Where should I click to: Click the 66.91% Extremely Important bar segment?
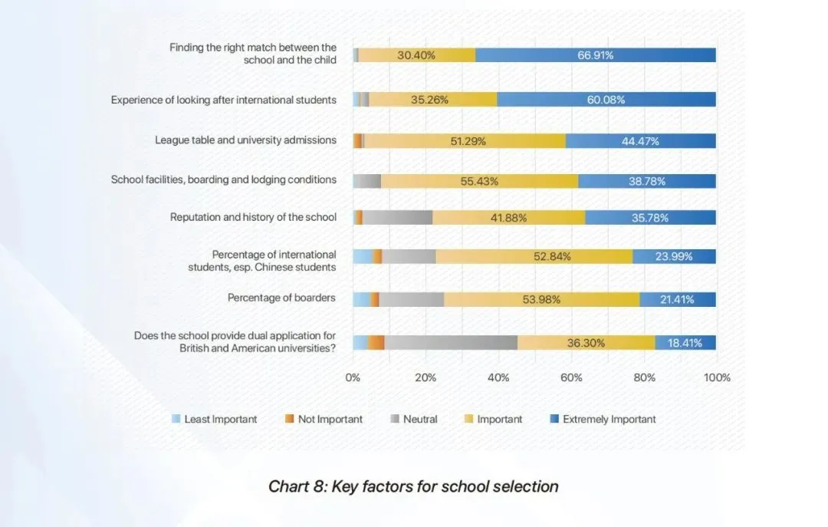(595, 55)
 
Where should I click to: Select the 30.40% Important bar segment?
(416, 55)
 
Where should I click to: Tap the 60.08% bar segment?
(606, 100)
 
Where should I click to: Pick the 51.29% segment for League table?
(465, 141)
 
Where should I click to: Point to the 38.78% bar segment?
(646, 181)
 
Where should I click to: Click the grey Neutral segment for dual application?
(451, 343)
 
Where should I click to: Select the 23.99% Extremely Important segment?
(674, 256)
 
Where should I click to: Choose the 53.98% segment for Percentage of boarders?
(541, 299)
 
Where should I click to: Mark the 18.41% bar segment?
(685, 343)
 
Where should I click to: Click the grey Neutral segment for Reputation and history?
(397, 217)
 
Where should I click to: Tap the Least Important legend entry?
(214, 420)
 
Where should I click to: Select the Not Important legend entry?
(324, 420)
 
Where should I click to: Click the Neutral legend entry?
(414, 420)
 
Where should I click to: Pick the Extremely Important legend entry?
(603, 420)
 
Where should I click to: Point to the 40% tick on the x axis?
(498, 377)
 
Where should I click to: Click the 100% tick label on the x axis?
(717, 377)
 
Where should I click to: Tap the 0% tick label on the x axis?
(353, 377)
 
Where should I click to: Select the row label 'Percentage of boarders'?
(281, 298)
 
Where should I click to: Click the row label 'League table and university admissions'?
(245, 140)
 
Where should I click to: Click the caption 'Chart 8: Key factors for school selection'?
(413, 486)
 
